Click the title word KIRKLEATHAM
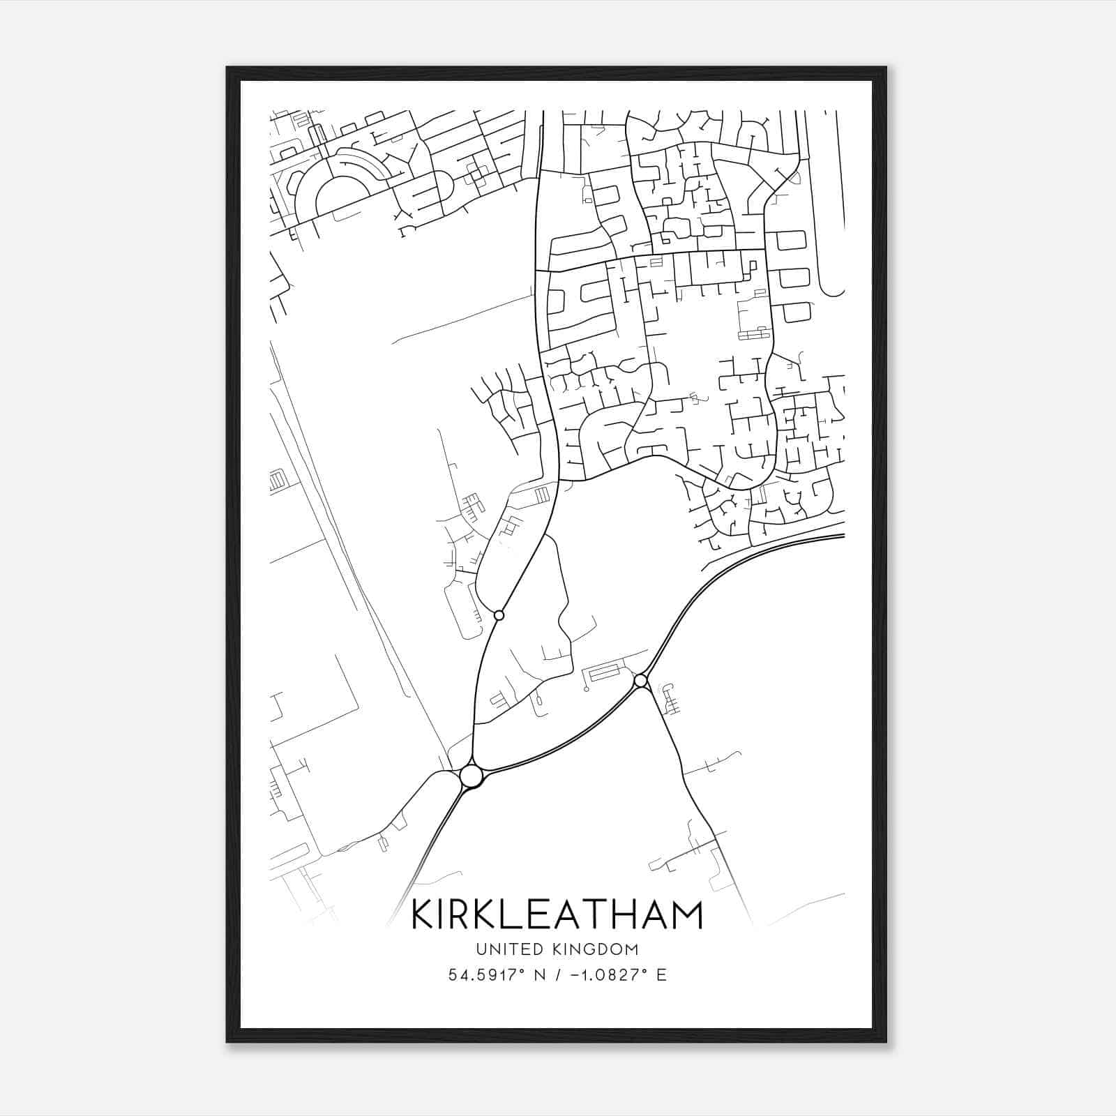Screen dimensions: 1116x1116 (x=557, y=914)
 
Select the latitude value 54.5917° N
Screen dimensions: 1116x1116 (x=495, y=975)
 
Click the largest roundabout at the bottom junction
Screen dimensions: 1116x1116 (x=472, y=776)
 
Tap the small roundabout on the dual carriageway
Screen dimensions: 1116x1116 (x=640, y=680)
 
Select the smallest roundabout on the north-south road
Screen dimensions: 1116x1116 (x=499, y=615)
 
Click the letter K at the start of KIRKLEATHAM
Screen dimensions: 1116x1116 (x=423, y=914)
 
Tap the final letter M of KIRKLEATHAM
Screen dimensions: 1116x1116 (x=687, y=914)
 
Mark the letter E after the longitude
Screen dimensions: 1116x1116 (x=661, y=975)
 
